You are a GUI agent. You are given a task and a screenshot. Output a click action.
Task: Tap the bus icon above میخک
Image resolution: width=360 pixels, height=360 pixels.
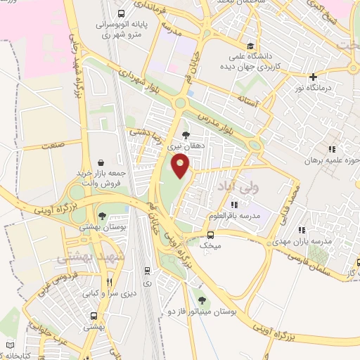point(211,235)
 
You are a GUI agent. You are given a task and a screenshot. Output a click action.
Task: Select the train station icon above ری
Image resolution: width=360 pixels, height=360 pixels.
point(146,270)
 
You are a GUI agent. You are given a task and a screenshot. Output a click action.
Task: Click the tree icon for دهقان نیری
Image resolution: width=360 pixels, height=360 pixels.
point(185,135)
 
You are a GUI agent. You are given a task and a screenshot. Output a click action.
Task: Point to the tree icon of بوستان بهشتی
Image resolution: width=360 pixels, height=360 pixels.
point(102,217)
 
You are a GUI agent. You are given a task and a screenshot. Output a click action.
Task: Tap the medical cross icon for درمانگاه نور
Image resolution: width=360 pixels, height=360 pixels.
point(314,77)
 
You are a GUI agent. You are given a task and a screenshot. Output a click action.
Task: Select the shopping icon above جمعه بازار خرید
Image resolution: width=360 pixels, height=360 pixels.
point(102,162)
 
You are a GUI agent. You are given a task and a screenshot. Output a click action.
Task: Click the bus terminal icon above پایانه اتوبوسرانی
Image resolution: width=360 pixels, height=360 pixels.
point(122,13)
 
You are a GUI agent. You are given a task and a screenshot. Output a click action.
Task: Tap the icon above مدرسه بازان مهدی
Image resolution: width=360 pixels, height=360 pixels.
point(302,229)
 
